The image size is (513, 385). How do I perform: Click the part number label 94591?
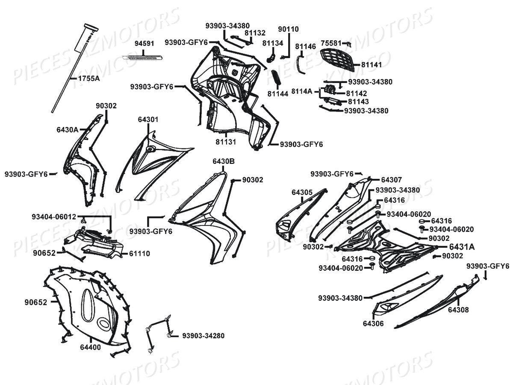click(x=144, y=43)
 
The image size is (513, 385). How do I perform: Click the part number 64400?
click(x=90, y=347)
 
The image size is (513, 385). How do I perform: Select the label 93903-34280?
click(x=203, y=335)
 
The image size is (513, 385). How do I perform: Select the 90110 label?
click(x=289, y=29)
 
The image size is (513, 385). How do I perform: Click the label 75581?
click(x=331, y=43)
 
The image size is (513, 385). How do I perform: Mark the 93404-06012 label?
click(x=54, y=216)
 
